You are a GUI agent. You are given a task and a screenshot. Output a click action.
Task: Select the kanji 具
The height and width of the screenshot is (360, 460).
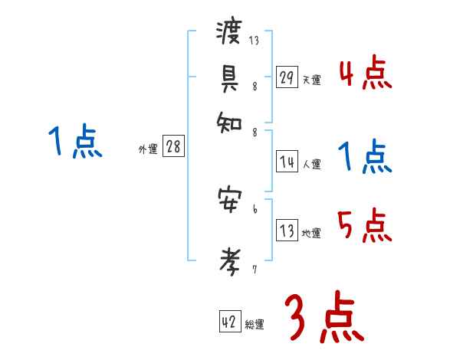[x=229, y=76]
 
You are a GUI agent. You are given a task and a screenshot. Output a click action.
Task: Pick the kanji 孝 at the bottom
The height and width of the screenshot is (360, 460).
[x=229, y=260]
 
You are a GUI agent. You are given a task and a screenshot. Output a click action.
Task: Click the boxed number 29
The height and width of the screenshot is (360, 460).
[x=287, y=77]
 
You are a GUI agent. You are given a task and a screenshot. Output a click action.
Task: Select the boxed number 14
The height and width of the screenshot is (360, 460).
[x=287, y=162]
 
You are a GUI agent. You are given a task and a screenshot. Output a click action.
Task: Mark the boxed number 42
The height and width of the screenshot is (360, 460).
[x=229, y=322]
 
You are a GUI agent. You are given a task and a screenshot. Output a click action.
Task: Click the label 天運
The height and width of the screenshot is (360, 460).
[x=311, y=80]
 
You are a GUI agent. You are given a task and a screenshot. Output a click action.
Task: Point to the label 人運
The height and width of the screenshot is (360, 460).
[x=311, y=164]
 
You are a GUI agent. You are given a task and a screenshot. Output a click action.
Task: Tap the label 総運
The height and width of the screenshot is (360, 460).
[x=255, y=325]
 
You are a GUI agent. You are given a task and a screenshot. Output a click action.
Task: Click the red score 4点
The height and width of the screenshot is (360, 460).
[x=365, y=74]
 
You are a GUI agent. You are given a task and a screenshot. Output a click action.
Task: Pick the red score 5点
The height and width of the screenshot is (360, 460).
[x=365, y=225]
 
